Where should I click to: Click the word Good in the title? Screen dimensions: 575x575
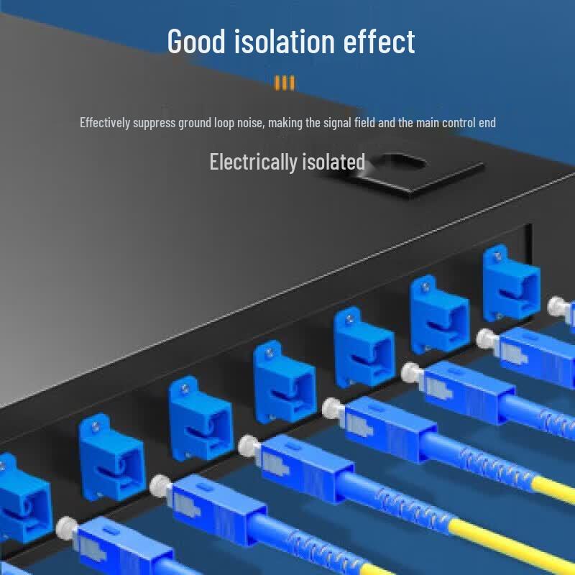coord(196,41)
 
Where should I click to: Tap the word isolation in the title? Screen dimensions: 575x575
coord(284,41)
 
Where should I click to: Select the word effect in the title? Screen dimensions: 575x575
coord(379,41)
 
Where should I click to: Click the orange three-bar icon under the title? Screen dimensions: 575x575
coord(284,83)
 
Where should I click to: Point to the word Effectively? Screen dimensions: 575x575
coord(105,122)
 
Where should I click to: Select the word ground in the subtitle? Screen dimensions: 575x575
coord(195,123)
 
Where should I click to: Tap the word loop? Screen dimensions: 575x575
coord(224,123)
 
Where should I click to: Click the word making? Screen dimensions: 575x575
coord(285,123)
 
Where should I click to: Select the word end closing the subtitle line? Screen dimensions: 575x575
coord(487,122)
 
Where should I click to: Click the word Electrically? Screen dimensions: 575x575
coord(254,162)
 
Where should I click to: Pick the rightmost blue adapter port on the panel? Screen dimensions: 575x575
coord(511,284)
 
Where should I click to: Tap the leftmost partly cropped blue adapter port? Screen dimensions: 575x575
coord(24,499)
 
